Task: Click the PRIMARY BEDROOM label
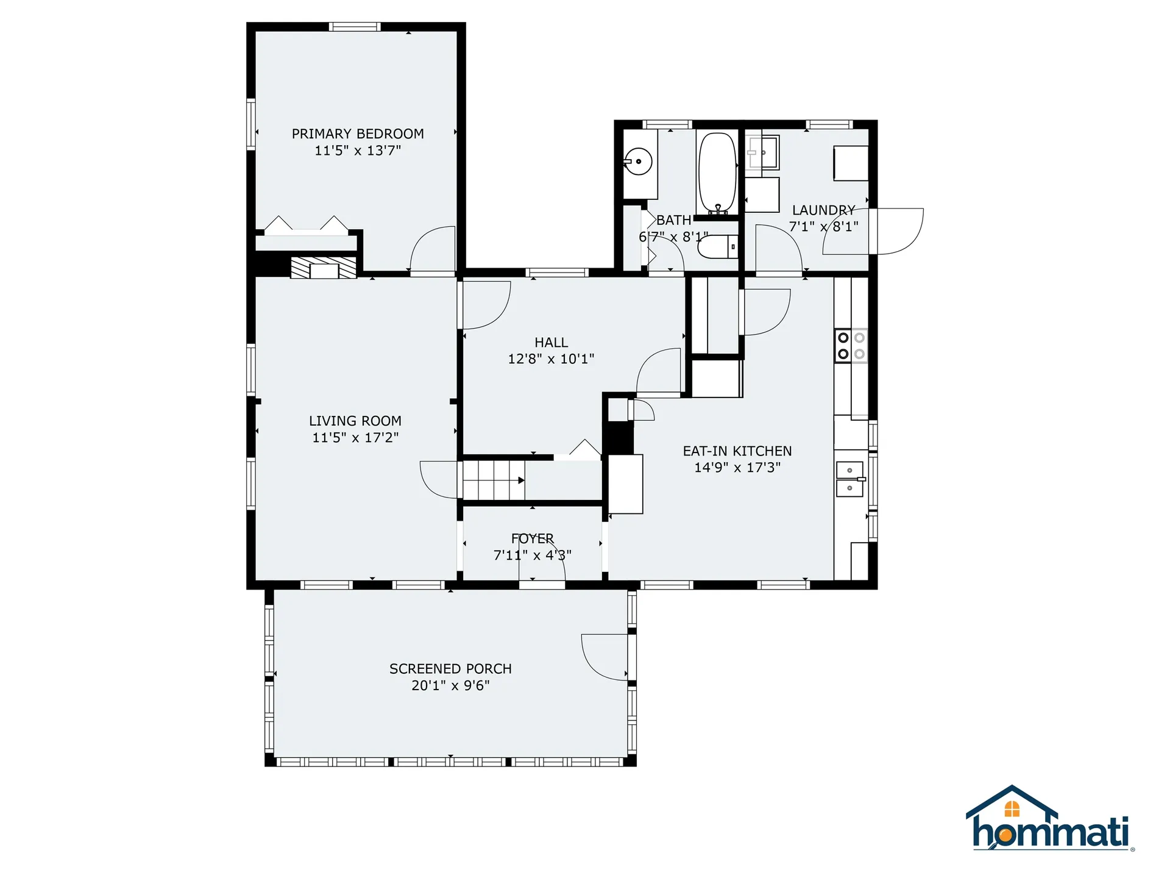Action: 358,134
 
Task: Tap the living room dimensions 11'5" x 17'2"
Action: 355,437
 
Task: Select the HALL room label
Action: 551,343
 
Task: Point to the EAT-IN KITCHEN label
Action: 737,451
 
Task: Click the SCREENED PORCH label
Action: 450,669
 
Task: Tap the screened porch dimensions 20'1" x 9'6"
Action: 450,685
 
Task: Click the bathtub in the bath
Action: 717,173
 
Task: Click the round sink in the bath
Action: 638,162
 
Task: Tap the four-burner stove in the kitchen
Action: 851,346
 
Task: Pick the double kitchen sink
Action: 850,479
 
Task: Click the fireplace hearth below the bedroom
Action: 324,267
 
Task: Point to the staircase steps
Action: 494,480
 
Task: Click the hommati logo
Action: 1049,819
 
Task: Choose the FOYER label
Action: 533,539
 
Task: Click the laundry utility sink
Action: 762,152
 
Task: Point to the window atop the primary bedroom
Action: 355,27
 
